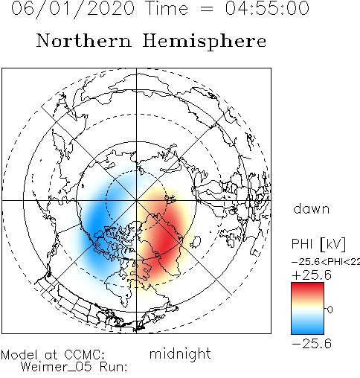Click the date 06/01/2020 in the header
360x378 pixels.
pyautogui.click(x=73, y=9)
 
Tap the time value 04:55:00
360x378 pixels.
pyautogui.click(x=267, y=8)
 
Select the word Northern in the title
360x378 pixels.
pyautogui.click(x=84, y=41)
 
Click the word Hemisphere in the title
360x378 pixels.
pyautogui.click(x=205, y=42)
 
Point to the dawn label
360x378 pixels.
pyautogui.click(x=312, y=208)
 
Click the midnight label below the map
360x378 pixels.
pyautogui.click(x=180, y=354)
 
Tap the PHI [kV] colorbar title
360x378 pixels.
pyautogui.click(x=318, y=244)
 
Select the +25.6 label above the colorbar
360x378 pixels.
pyautogui.click(x=312, y=275)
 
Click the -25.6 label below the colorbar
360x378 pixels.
pyautogui.click(x=312, y=344)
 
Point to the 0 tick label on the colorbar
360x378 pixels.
pyautogui.click(x=330, y=310)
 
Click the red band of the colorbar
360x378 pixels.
pyautogui.click(x=307, y=290)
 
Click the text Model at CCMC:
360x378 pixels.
pyautogui.click(x=53, y=355)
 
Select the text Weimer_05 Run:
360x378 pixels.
pyautogui.click(x=74, y=367)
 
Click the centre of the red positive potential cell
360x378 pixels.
pyautogui.click(x=166, y=242)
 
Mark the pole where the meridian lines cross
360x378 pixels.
pyautogui.click(x=136, y=200)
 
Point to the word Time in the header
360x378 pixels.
pyautogui.click(x=167, y=8)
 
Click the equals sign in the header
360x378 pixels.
pyautogui.click(x=206, y=10)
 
